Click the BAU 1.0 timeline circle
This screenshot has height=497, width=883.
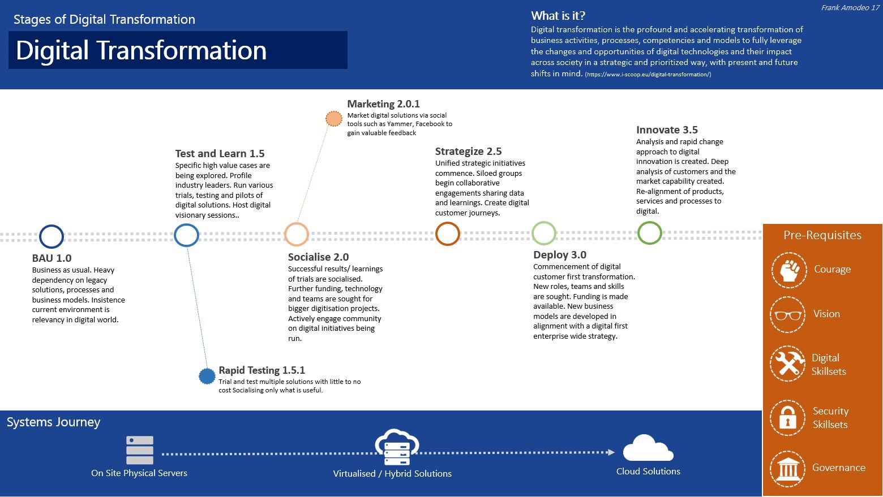tap(52, 236)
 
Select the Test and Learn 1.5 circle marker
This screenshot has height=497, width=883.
tap(186, 235)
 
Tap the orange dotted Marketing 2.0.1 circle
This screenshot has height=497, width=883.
tap(334, 119)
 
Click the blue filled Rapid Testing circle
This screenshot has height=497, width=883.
tap(207, 376)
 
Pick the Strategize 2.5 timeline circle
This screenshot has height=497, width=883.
tap(447, 234)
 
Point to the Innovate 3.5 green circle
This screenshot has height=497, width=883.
tap(649, 232)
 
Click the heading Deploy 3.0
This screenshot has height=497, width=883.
tap(559, 255)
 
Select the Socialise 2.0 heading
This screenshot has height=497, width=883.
tap(318, 257)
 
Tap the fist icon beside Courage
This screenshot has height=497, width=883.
tap(788, 270)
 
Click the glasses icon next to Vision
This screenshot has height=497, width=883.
tap(787, 314)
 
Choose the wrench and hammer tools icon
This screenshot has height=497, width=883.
tap(788, 364)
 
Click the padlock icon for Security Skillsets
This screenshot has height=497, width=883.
tap(787, 418)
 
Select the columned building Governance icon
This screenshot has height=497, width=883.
tap(788, 468)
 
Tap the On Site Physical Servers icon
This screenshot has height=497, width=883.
tap(139, 450)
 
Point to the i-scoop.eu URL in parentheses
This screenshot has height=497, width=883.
tap(648, 75)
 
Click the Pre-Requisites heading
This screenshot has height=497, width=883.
tap(822, 235)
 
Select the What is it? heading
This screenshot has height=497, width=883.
tap(558, 16)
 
